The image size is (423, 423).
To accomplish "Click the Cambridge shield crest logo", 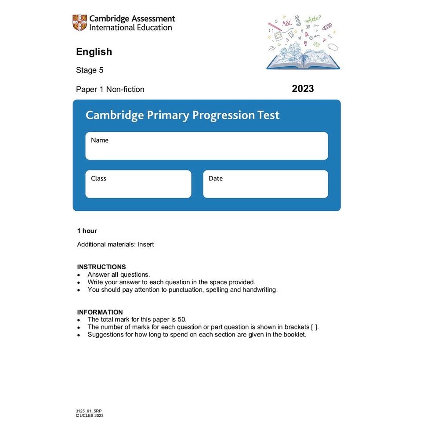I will click(80, 23).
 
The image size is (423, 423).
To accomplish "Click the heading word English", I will click(94, 52).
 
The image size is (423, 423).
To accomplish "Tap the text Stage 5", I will click(90, 70).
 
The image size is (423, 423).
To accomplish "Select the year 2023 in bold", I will click(303, 89).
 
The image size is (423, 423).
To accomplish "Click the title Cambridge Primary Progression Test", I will click(182, 116).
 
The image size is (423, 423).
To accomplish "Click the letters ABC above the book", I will click(287, 23).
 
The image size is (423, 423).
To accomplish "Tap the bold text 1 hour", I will click(87, 231).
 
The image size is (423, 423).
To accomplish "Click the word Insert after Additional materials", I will click(146, 245).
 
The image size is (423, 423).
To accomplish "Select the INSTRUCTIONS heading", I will click(101, 267).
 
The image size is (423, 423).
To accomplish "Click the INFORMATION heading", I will click(100, 312).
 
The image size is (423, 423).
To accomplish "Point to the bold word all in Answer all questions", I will click(115, 275).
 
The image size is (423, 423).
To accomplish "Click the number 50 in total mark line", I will click(186, 320).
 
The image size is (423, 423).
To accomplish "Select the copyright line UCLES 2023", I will click(90, 416).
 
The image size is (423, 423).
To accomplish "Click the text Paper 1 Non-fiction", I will click(110, 90).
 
